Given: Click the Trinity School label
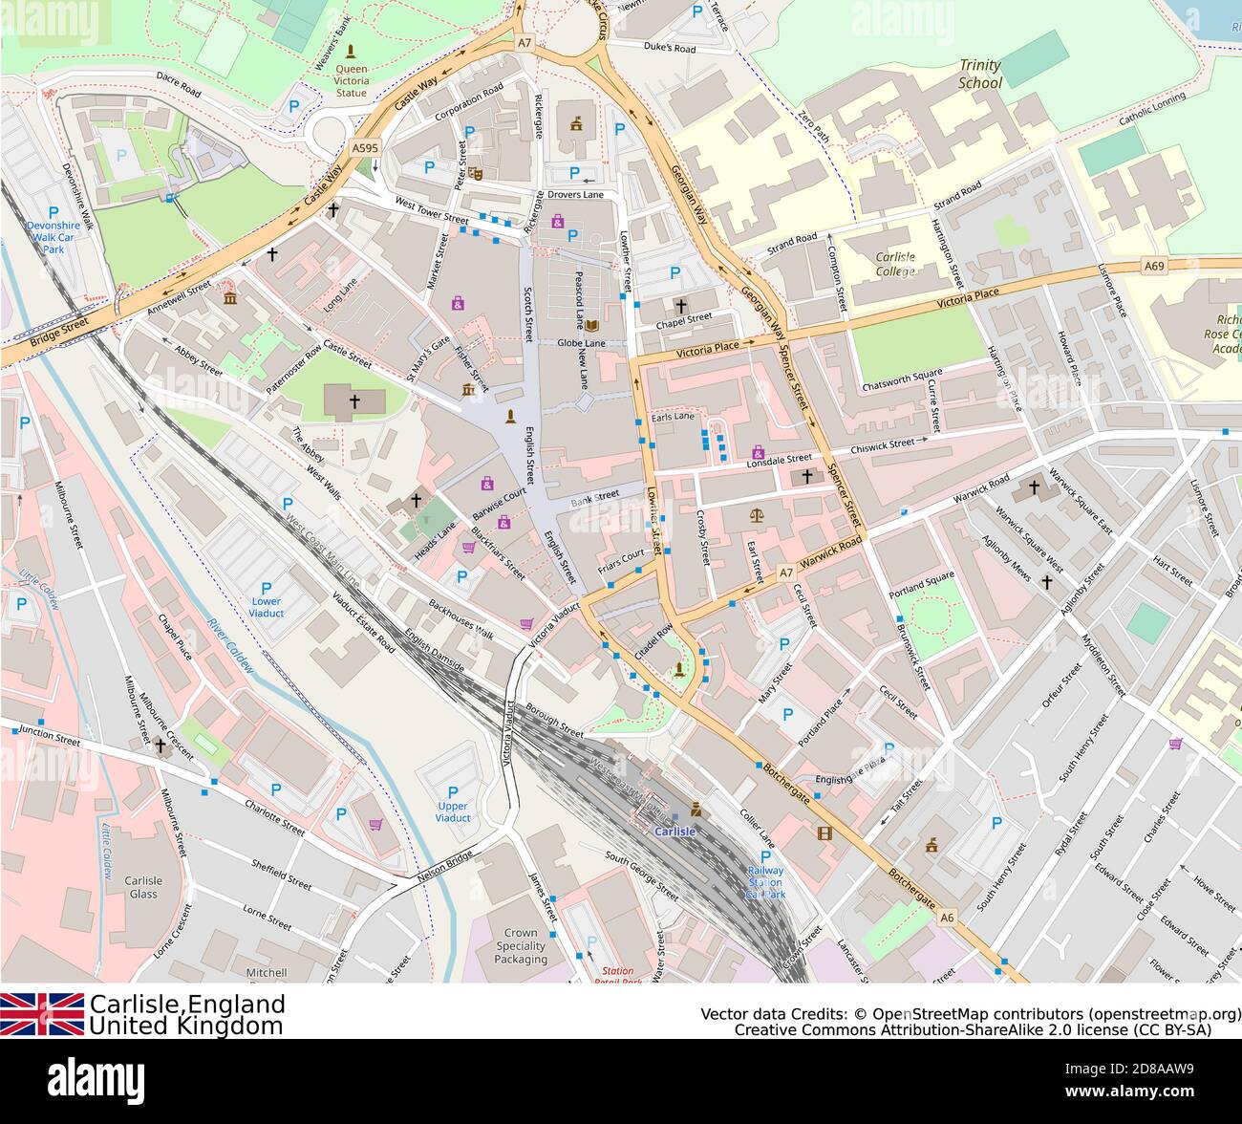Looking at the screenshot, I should (980, 75).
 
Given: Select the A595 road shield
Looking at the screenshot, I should (365, 148).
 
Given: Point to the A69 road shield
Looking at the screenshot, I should (1154, 266).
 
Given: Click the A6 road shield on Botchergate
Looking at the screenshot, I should (946, 918).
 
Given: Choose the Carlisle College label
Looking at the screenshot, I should (894, 264).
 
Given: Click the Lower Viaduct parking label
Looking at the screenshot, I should (266, 606).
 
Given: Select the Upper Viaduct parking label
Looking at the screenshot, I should (452, 811).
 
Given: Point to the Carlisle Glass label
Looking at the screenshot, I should (143, 887).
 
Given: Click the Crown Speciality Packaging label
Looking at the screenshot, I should (521, 946).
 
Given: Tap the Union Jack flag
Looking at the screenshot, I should (42, 1014).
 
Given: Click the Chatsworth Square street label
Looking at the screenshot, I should (902, 380).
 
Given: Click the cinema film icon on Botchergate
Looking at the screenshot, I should (824, 832).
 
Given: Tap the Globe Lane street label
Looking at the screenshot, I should (582, 342).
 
